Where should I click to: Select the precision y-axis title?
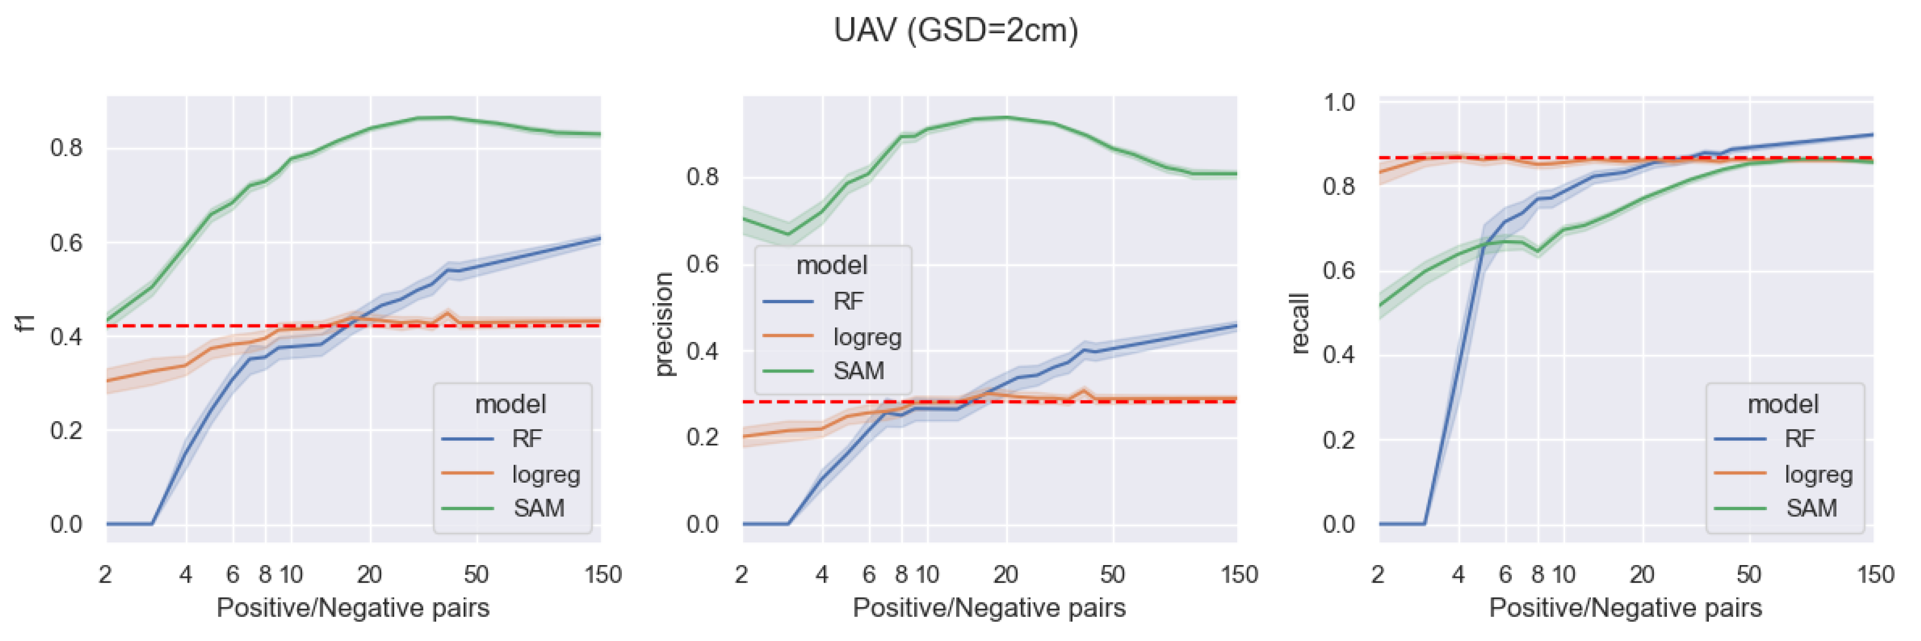[663, 324]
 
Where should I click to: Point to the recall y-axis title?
[1299, 323]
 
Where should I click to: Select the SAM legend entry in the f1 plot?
[539, 508]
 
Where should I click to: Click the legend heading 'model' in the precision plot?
[831, 265]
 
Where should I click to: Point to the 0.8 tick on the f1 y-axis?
[67, 148]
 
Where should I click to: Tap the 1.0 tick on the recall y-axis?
[1338, 102]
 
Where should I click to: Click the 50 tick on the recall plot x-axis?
[1748, 575]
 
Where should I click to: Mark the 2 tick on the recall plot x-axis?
[1378, 575]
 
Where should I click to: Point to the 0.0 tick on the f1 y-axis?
[67, 524]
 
